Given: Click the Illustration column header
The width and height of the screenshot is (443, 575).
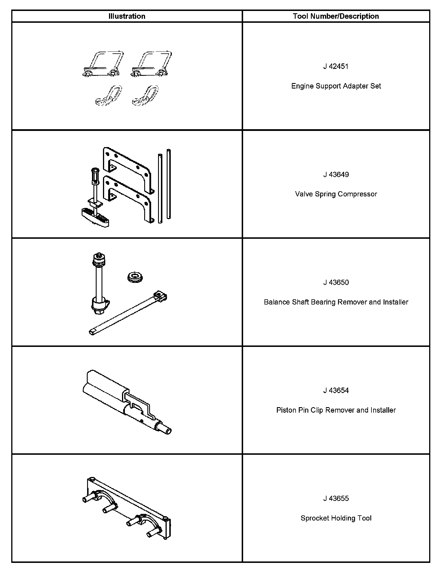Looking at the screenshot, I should click(127, 16).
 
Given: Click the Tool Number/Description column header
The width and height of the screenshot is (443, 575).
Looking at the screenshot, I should click(336, 16).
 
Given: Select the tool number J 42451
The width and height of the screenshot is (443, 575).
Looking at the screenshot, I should click(336, 66).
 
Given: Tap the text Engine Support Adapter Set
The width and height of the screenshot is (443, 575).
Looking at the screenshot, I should click(336, 86).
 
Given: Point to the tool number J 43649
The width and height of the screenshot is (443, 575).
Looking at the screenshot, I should click(336, 174).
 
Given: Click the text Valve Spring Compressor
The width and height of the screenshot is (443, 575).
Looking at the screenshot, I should click(336, 194).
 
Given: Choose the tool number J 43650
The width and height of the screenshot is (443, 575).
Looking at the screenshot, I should click(336, 282).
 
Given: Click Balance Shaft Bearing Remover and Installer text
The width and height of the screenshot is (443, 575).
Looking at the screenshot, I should click(336, 302).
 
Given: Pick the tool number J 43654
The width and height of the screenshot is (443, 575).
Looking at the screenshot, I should click(336, 390).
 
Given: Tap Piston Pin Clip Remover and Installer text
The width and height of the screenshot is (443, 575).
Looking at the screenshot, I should click(336, 410).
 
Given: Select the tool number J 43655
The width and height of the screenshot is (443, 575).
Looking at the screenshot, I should click(336, 498).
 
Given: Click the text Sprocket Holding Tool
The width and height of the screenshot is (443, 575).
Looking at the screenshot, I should click(336, 518).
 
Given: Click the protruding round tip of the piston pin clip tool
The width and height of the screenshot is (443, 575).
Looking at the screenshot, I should click(167, 431).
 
